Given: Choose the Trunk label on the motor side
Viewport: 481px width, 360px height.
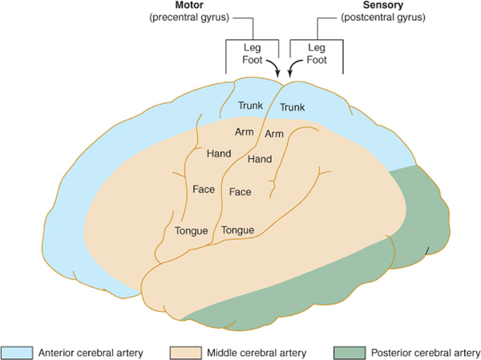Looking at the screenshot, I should click(251, 105).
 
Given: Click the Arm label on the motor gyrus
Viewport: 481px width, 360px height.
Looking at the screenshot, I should click(245, 130).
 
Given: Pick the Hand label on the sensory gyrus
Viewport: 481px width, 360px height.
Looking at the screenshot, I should click(260, 160).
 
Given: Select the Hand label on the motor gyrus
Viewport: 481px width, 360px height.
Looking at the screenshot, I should click(219, 153).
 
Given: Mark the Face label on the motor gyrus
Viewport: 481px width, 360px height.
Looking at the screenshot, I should click(204, 190).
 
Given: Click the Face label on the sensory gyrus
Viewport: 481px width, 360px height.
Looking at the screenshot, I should click(240, 192).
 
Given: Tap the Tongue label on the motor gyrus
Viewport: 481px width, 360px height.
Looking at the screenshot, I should click(192, 232).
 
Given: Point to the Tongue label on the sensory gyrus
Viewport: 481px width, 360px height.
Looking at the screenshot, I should click(238, 230).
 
